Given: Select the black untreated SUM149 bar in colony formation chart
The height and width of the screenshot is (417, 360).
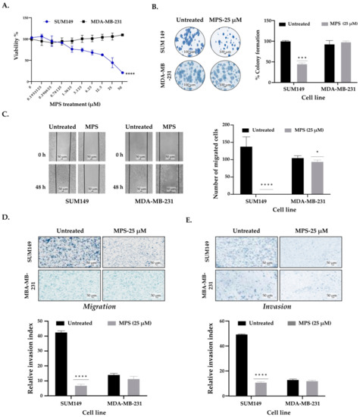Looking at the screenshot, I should pos(246,60).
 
